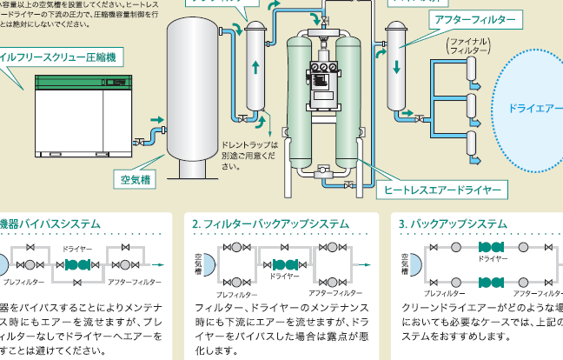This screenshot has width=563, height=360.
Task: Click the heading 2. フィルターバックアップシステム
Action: click(270, 223)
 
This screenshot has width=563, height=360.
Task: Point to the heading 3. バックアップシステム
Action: click(453, 223)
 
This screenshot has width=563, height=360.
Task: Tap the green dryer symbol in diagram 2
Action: click(285, 263)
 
